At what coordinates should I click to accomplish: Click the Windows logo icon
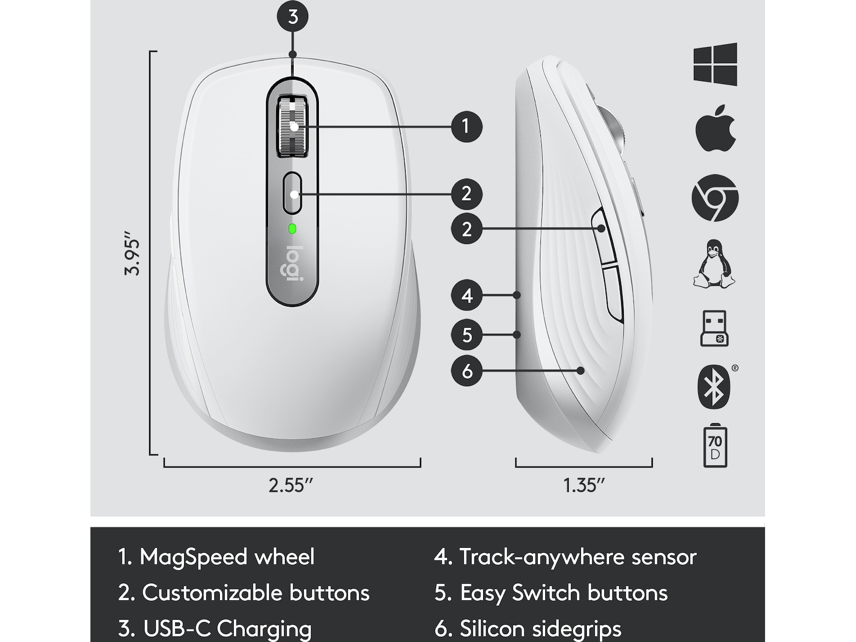tap(715, 64)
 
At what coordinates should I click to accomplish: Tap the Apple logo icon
tap(715, 128)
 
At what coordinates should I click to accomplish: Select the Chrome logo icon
tap(715, 197)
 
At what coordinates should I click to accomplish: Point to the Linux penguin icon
tap(714, 264)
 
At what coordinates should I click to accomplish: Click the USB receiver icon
tap(714, 328)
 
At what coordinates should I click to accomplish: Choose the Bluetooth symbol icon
tap(714, 387)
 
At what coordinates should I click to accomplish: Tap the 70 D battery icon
tap(715, 445)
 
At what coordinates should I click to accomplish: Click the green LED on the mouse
tap(292, 229)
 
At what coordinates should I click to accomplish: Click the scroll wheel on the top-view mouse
tap(293, 127)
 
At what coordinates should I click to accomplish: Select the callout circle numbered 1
tap(467, 127)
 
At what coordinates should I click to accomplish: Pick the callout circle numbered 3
tap(293, 17)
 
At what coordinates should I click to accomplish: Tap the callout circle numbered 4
tap(467, 295)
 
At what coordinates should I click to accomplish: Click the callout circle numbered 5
tap(467, 334)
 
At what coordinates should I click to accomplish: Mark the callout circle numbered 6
tap(467, 371)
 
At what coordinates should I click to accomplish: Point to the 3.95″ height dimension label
tap(132, 254)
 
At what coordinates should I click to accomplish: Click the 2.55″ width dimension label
tap(291, 485)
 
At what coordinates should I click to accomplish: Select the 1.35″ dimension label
tap(584, 485)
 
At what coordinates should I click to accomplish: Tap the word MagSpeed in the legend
tap(194, 556)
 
